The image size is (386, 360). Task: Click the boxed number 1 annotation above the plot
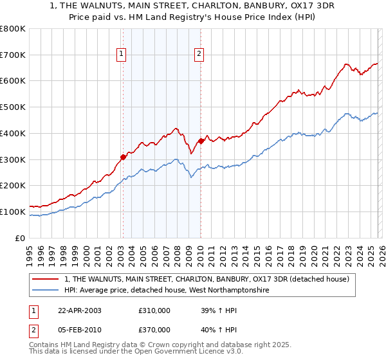pos(122,55)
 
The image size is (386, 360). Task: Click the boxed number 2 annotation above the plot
pos(200,55)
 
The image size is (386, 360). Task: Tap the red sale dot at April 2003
pos(123,156)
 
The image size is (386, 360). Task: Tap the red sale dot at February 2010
pos(200,141)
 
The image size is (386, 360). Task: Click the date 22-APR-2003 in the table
pos(80,310)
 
